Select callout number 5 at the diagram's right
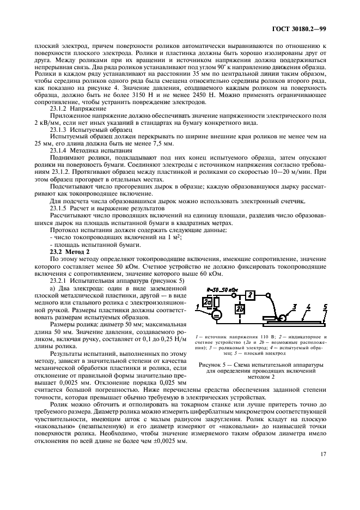pyautogui.click(x=326, y=307)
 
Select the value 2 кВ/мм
pyautogui.click(x=45, y=124)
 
